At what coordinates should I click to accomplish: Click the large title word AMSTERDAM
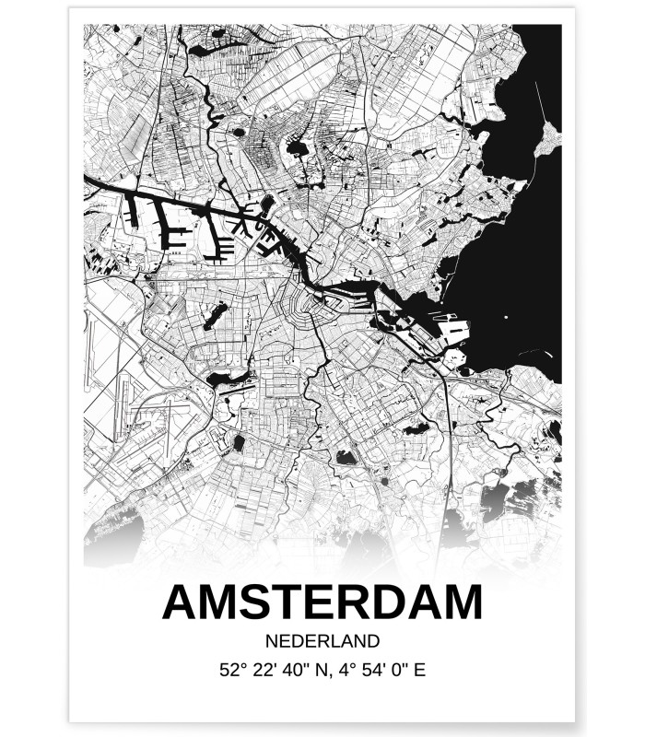(x=322, y=602)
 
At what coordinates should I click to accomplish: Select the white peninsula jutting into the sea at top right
(x=550, y=138)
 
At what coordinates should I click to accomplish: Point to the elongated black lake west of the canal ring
(x=215, y=316)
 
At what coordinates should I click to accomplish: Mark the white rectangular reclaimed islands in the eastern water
(x=454, y=327)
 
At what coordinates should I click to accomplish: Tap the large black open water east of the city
(x=516, y=258)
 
